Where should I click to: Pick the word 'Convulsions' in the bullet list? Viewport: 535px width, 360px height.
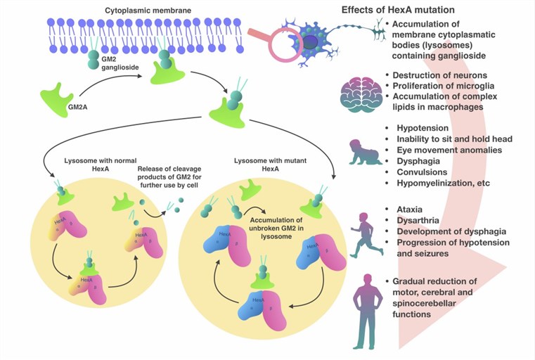426,172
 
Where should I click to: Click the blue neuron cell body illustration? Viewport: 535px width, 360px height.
308,41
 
